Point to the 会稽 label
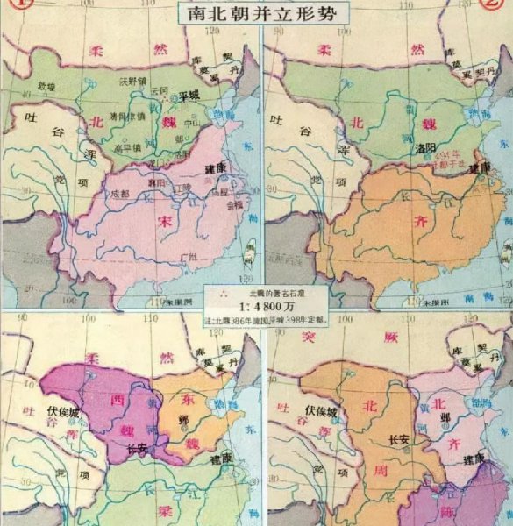coord(237,207)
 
